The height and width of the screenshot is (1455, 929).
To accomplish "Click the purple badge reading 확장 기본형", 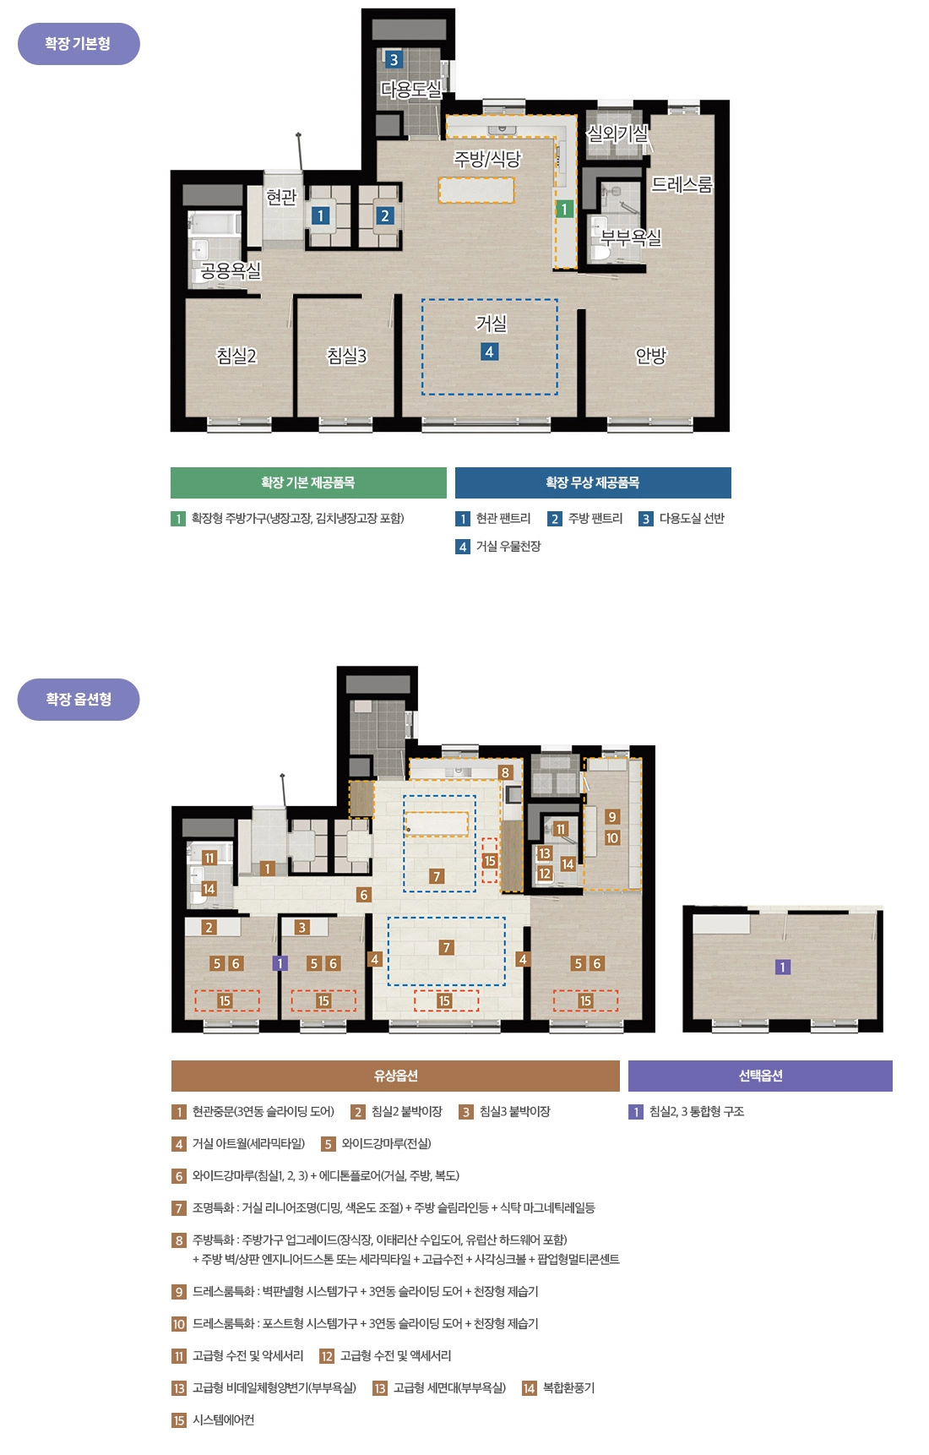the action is tap(79, 44).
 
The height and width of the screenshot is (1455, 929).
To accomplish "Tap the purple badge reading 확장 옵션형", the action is tap(79, 700).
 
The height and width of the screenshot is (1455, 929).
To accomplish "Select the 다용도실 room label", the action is tap(411, 89).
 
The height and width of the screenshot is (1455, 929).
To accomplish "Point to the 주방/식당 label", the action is tap(488, 159).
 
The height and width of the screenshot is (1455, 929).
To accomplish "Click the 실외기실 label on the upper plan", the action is tap(617, 133).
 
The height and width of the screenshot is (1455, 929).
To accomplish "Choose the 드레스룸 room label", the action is tap(682, 183).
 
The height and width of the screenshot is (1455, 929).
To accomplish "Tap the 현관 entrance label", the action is tap(281, 197).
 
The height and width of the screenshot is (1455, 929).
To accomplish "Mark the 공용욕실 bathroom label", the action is tap(231, 270).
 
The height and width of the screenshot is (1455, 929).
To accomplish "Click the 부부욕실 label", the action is tap(631, 237).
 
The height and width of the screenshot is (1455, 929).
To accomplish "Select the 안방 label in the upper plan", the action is tap(651, 356).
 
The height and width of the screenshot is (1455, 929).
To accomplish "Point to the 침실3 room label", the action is tap(347, 356).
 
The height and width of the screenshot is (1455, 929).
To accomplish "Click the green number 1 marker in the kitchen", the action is tap(564, 209).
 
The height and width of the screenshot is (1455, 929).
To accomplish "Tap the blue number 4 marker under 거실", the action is tap(489, 351).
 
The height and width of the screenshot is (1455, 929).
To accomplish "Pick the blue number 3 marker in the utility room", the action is tap(394, 59).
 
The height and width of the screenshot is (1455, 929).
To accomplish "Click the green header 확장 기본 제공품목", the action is tap(308, 482).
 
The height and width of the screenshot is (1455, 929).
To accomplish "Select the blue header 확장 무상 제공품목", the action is tap(593, 482).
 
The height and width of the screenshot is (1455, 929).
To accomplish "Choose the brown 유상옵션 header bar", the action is tap(395, 1076).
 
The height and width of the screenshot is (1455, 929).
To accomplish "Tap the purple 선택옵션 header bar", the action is tap(760, 1076).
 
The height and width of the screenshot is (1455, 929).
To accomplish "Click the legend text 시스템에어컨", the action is tap(223, 1420).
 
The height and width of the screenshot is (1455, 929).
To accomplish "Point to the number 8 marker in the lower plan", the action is tap(505, 772).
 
